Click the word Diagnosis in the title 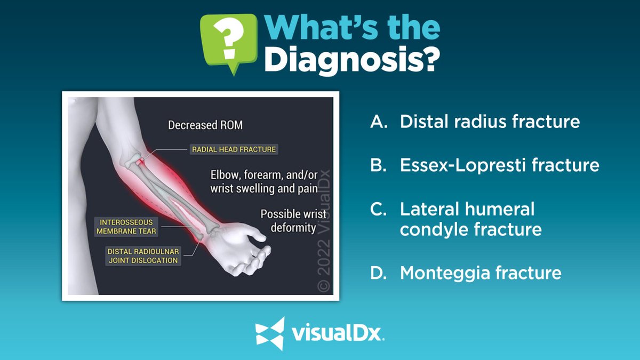(x=352, y=60)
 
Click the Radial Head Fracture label (x=234, y=149)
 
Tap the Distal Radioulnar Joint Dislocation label (x=143, y=255)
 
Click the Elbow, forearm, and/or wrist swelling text (x=263, y=182)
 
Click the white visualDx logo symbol (x=270, y=333)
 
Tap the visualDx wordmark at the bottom (x=338, y=334)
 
